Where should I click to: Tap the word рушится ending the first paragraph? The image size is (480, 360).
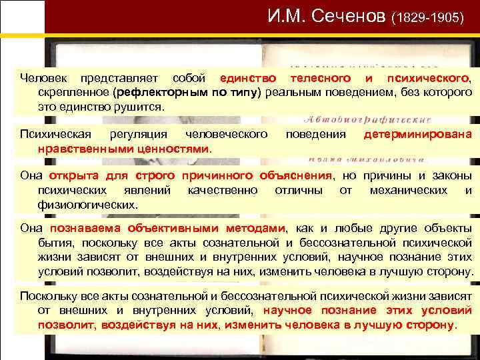(x=139, y=106)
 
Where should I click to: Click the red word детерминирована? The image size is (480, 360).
(x=417, y=134)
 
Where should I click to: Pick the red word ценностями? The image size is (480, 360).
(x=178, y=147)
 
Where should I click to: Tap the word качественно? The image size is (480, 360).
(x=223, y=190)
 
